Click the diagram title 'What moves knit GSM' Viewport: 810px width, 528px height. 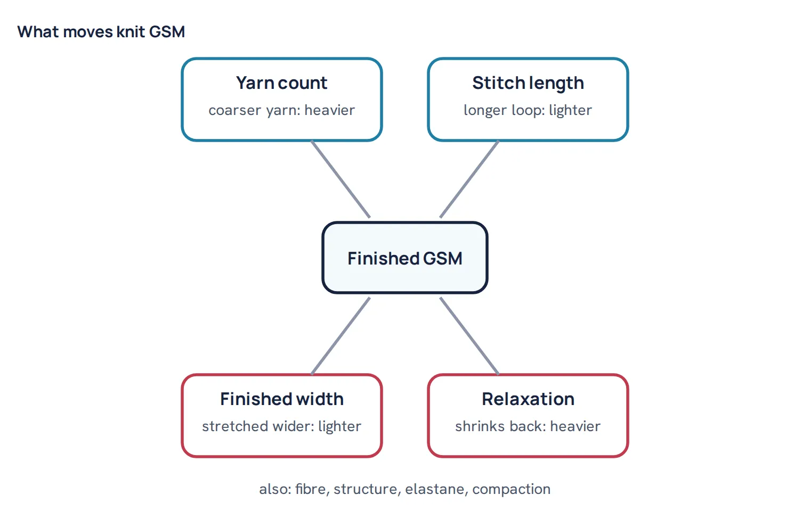pos(101,32)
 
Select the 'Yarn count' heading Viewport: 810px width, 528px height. pos(282,83)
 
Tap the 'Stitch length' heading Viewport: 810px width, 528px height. pos(528,84)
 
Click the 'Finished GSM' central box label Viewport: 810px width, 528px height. pos(405,259)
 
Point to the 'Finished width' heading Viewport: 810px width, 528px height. pos(282,399)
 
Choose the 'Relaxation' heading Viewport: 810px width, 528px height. pos(528,399)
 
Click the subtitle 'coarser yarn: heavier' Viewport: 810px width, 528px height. pos(282,111)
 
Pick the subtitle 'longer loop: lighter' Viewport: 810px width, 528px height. pos(528,111)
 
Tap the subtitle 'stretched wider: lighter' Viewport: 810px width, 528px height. pos(282,426)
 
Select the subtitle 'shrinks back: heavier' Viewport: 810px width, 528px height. pos(528,426)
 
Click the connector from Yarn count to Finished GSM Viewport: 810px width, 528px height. pos(341,179)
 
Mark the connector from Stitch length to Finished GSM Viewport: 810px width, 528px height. pos(469,179)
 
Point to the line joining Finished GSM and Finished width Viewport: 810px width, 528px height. pos(341,336)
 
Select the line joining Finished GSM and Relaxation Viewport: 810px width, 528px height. pos(469,336)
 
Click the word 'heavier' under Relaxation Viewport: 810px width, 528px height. pos(576,426)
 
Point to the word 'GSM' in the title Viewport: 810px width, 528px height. pos(167,32)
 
